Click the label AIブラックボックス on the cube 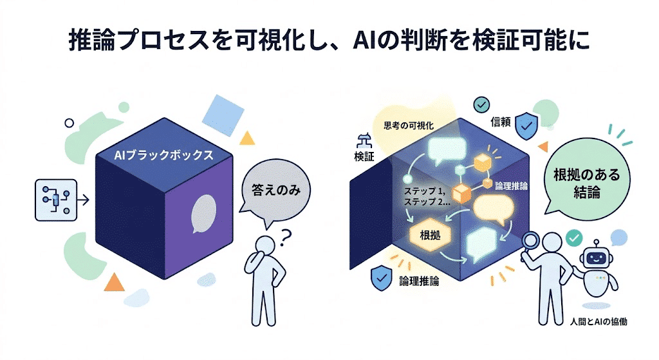click(x=163, y=155)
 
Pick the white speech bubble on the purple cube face click(x=205, y=213)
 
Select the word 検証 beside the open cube click(x=364, y=156)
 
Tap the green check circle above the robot click(x=573, y=238)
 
